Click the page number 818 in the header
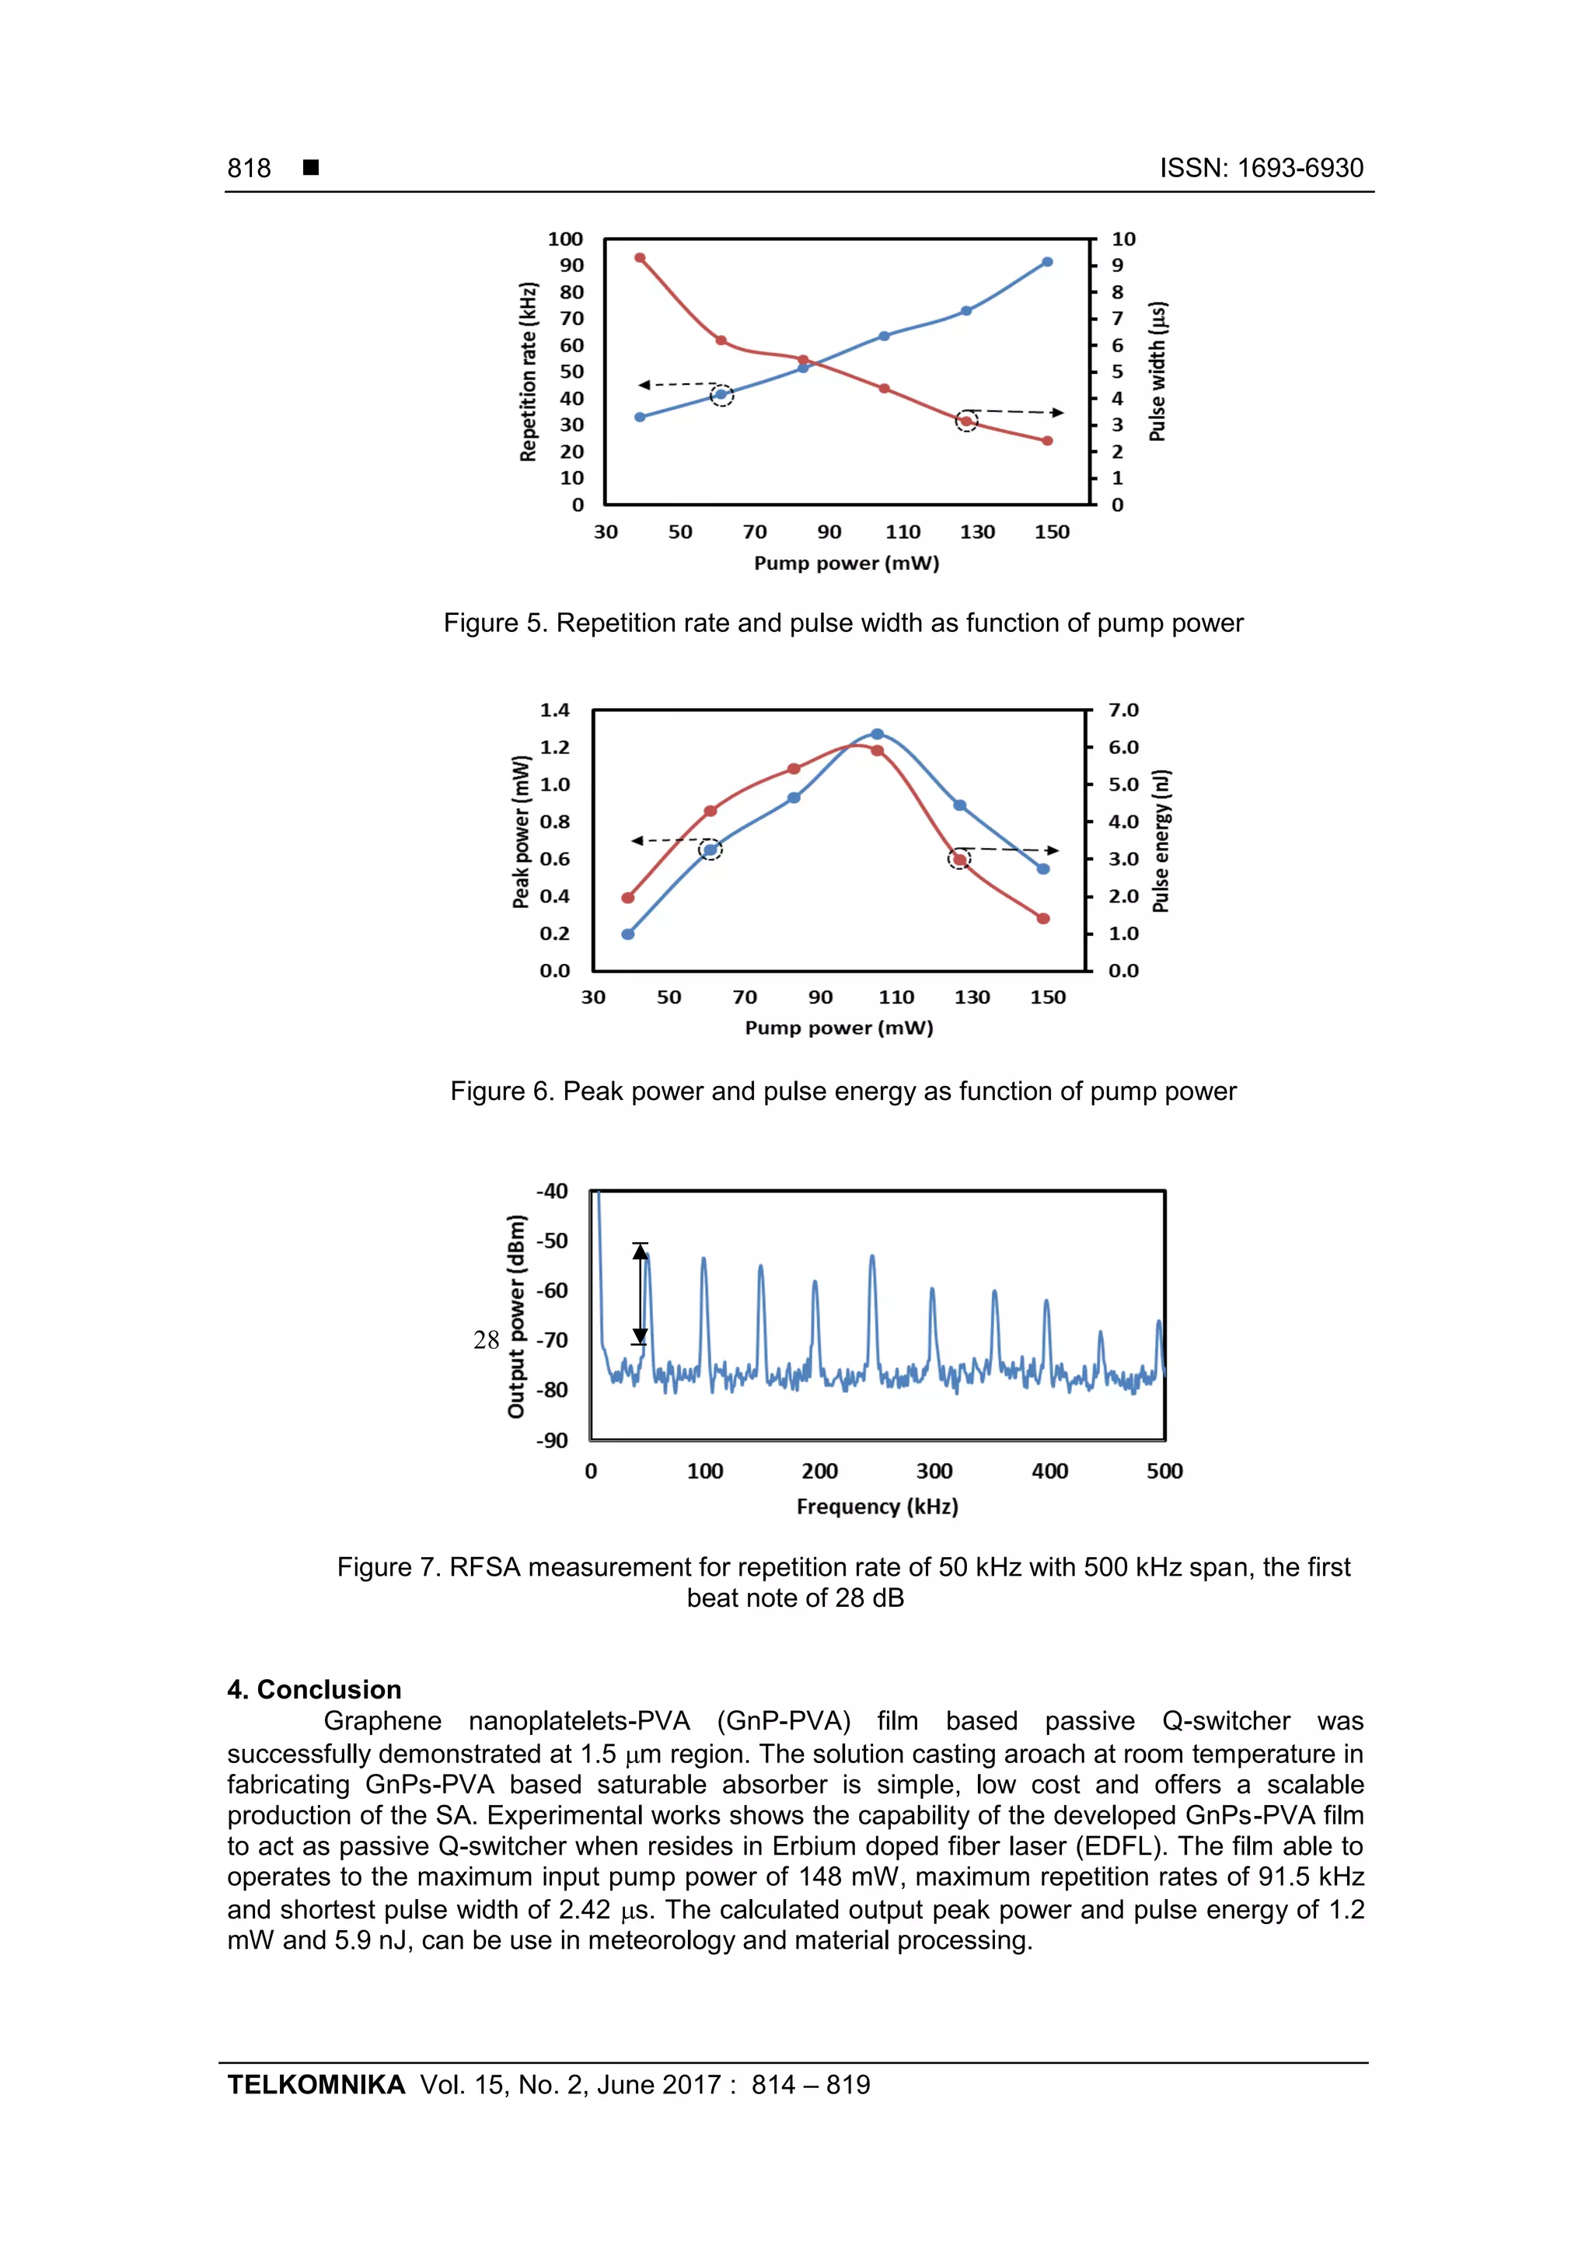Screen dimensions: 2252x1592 pos(250,168)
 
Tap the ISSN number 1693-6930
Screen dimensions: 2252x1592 pos(1300,168)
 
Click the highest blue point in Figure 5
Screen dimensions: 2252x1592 pos(1046,262)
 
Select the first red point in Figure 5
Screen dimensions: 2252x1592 pos(640,258)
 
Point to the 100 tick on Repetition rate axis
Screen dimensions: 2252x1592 pos(565,239)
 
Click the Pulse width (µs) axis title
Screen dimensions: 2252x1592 pos(1157,372)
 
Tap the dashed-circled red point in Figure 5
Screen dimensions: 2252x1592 pos(966,422)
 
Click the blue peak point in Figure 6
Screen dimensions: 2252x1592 pos(877,734)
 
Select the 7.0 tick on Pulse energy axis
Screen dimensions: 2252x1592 pos(1123,711)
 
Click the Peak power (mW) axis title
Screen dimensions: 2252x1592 pos(521,832)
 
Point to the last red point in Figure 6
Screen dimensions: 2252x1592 pos(1042,919)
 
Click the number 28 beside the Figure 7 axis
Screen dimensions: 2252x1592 pos(486,1340)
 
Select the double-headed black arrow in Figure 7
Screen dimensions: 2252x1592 pos(641,1293)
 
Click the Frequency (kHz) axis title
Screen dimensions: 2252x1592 pos(877,1507)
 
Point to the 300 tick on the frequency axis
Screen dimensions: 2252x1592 pos(934,1472)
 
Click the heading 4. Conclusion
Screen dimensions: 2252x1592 pos(314,1689)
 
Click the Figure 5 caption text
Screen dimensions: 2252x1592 pos(843,623)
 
